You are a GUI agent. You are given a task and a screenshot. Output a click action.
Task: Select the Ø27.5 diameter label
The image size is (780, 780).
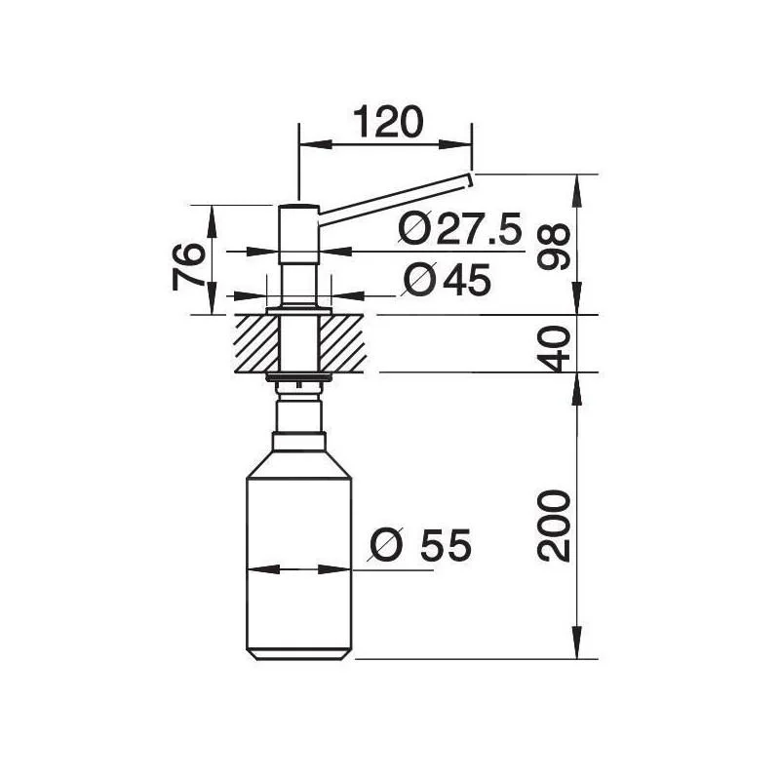click(x=460, y=229)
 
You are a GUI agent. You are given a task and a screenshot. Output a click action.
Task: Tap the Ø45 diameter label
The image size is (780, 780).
click(x=447, y=279)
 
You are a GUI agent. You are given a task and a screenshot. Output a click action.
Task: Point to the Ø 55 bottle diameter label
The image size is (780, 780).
click(x=420, y=545)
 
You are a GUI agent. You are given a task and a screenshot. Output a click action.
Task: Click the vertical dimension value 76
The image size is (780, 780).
click(x=188, y=266)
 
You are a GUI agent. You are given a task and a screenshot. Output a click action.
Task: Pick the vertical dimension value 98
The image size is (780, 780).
click(x=553, y=247)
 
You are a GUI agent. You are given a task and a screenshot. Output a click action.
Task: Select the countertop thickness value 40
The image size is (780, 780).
click(x=554, y=349)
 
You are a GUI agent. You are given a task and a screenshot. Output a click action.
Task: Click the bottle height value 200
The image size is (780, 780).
click(x=554, y=526)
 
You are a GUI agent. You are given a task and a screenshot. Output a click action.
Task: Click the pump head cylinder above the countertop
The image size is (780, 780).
click(x=298, y=233)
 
